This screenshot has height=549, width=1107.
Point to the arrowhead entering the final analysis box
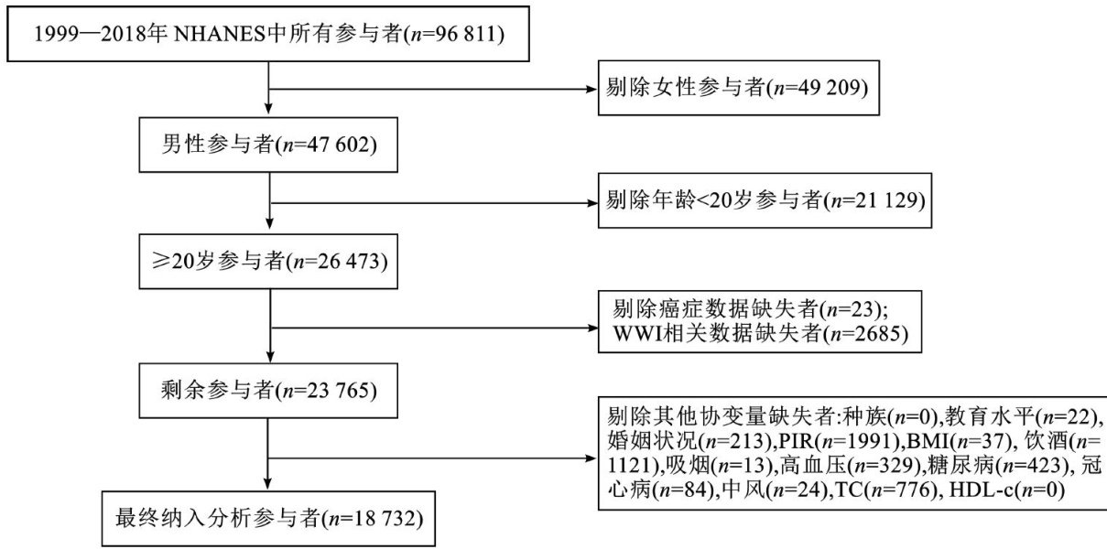coord(268,490)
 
